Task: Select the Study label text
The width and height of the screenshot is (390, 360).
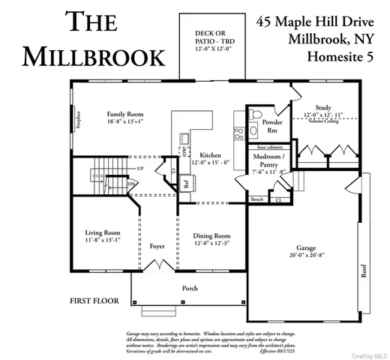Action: pyautogui.click(x=323, y=108)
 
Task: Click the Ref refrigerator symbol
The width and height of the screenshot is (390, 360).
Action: pyautogui.click(x=187, y=182)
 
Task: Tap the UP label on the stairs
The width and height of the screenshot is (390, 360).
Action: pyautogui.click(x=118, y=168)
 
